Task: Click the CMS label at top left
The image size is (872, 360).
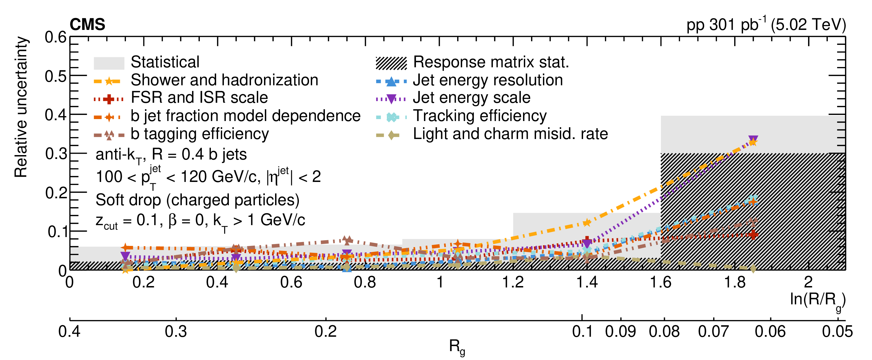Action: (87, 25)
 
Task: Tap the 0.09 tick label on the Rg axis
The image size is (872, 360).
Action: (620, 331)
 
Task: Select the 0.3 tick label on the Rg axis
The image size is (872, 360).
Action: (176, 331)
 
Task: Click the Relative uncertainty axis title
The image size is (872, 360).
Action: (21, 107)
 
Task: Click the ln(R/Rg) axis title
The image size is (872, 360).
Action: (817, 300)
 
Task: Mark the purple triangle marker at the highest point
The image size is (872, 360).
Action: (753, 139)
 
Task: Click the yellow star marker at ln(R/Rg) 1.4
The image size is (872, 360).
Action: (587, 222)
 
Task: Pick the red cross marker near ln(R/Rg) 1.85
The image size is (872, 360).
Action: (753, 234)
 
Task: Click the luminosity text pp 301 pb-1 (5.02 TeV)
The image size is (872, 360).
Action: (766, 25)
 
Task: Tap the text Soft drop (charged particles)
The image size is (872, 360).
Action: (197, 200)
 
